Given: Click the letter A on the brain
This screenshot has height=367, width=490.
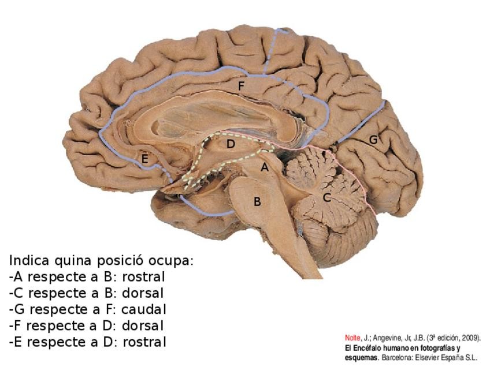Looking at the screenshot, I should pyautogui.click(x=264, y=168).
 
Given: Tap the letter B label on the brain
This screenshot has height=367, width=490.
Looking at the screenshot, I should pyautogui.click(x=257, y=202).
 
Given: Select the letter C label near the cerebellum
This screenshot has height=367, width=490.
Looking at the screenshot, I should pyautogui.click(x=326, y=197).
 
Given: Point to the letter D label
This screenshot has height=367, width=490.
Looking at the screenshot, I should pyautogui.click(x=231, y=144).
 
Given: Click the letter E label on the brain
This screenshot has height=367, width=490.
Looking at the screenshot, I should pyautogui.click(x=145, y=159).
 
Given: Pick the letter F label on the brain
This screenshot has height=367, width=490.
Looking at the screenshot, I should pyautogui.click(x=241, y=86).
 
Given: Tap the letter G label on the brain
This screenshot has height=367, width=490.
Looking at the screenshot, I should pyautogui.click(x=373, y=140).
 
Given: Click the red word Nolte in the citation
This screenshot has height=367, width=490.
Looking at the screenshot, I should pyautogui.click(x=352, y=338).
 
